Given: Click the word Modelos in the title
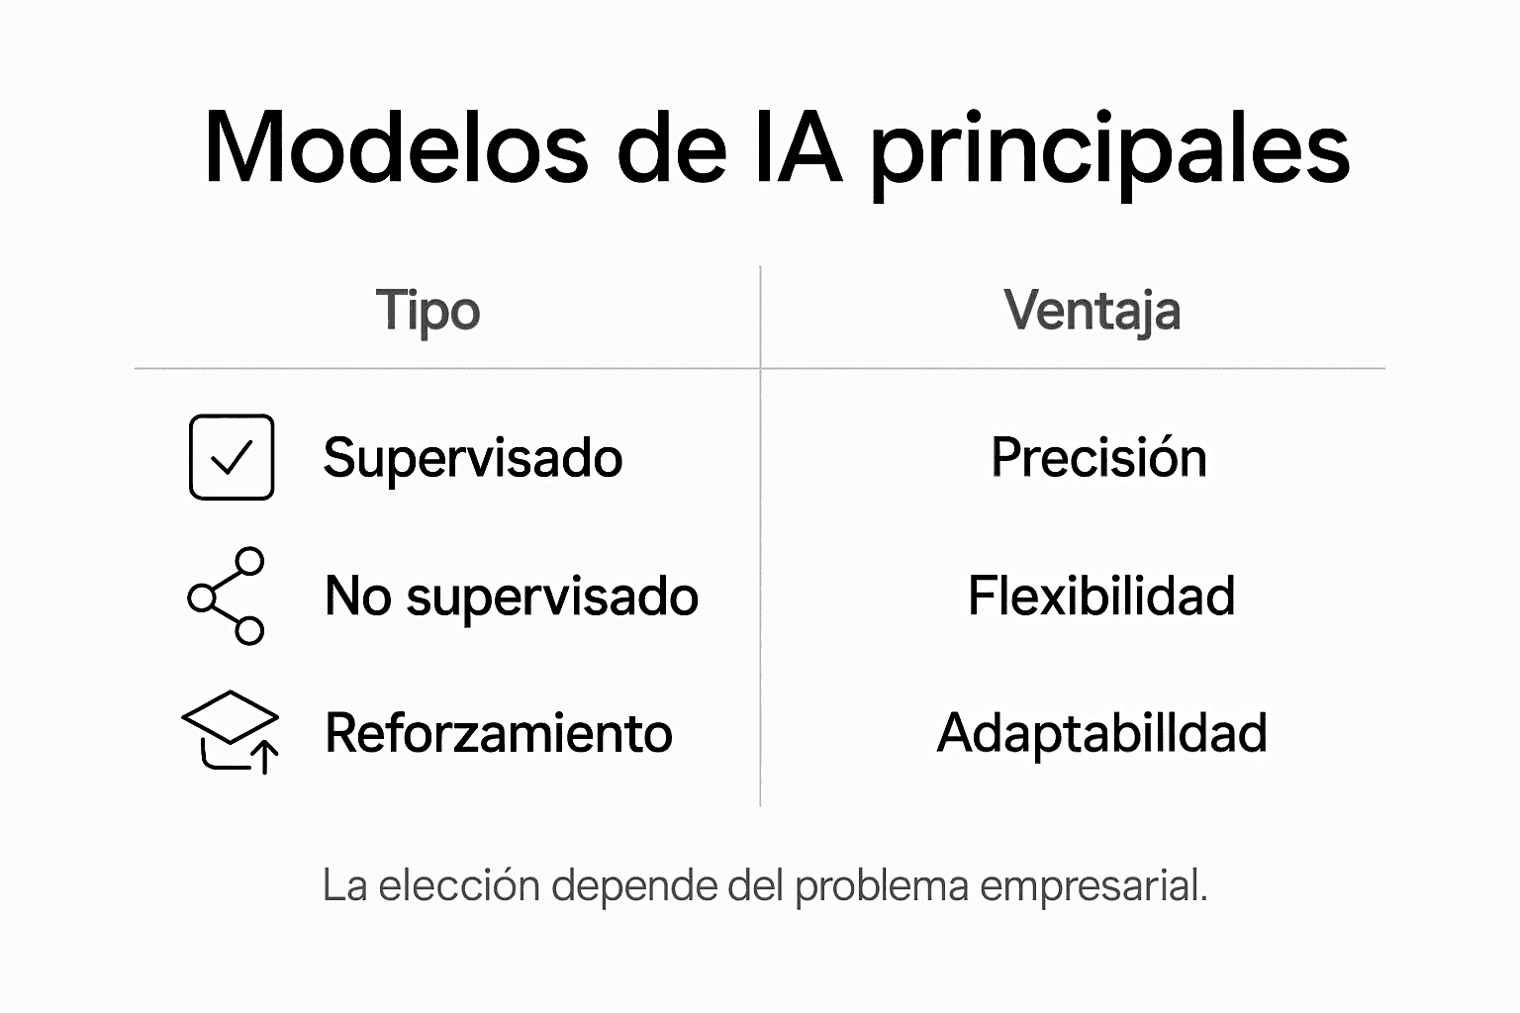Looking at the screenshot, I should (x=396, y=148).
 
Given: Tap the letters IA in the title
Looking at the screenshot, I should (x=798, y=148).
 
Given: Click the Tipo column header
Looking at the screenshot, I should (x=427, y=311).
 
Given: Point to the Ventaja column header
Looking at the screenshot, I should (x=1092, y=311).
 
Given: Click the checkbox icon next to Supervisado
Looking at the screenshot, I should (x=232, y=457).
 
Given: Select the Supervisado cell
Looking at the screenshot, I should (x=473, y=458).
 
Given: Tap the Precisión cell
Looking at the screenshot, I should (x=1098, y=458).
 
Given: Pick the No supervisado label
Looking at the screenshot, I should (x=512, y=597).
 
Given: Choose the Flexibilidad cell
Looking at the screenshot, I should (x=1101, y=597).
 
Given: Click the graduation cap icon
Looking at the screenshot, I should (x=231, y=731).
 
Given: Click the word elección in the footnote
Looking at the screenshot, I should (x=459, y=885).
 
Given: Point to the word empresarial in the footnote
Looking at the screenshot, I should (x=1092, y=885).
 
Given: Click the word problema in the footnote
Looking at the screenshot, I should (x=882, y=885).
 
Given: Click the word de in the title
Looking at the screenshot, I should (x=672, y=148).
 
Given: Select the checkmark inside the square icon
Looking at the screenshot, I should (x=232, y=457).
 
